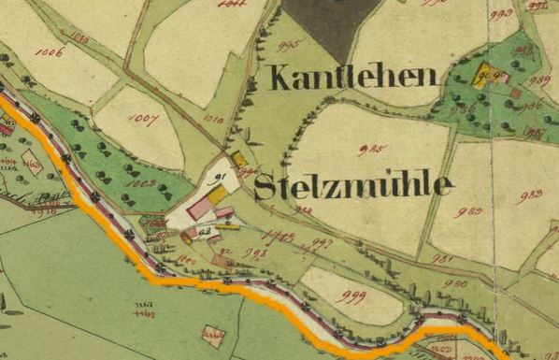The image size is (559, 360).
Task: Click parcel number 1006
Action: tap(50, 52)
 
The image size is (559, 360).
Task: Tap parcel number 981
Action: tap(442, 259)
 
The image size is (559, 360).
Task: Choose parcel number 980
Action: tap(455, 282)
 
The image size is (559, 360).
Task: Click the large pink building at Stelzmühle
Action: tap(200, 208)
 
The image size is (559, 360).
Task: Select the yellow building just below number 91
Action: tap(218, 195)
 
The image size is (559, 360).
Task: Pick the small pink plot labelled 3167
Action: tap(213, 333)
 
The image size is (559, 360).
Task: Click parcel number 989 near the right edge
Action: tap(538, 81)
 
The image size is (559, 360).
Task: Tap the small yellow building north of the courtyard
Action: tap(239, 160)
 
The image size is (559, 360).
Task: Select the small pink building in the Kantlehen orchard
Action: tap(514, 93)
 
